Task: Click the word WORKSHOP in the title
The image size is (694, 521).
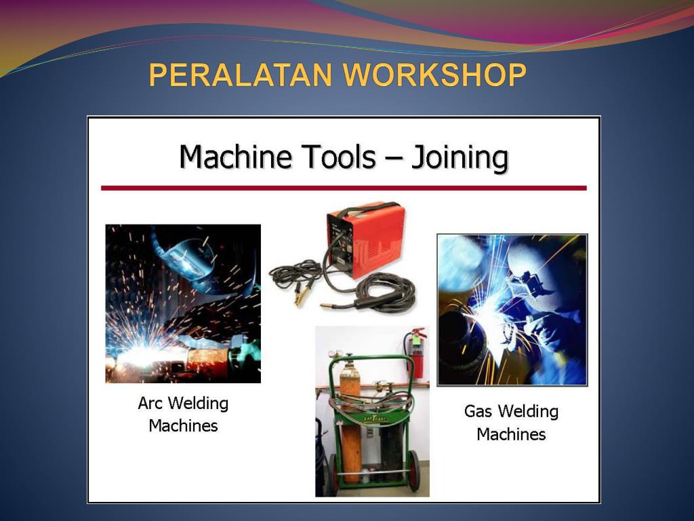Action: [436, 75]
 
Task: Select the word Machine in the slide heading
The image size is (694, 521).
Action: [236, 157]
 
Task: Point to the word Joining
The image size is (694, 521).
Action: [460, 159]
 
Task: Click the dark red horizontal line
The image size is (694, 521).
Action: [344, 189]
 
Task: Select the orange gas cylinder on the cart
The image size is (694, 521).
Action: [350, 421]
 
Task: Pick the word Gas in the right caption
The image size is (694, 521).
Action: [478, 411]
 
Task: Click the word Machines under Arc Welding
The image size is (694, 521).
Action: [183, 426]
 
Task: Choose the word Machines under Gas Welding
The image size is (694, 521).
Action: [511, 434]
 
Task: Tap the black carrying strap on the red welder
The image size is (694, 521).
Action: [364, 209]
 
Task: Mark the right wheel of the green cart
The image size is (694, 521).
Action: [414, 471]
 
